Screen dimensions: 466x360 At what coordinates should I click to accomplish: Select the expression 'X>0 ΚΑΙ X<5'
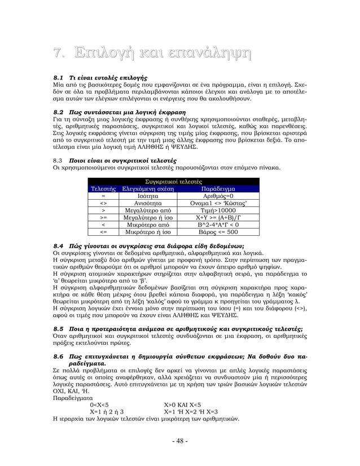point(185,405)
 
